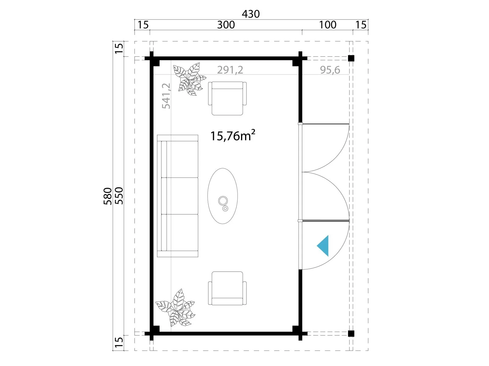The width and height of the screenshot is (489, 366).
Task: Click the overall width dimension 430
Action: (x=251, y=14)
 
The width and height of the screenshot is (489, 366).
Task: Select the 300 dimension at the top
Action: (x=226, y=25)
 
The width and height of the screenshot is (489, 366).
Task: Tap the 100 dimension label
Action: (x=328, y=25)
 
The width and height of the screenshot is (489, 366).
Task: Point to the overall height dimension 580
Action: (x=108, y=196)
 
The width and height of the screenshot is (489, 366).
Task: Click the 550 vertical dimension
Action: (x=119, y=196)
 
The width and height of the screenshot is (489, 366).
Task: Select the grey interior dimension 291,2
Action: (x=230, y=70)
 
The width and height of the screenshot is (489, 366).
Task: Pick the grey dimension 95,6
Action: (x=330, y=70)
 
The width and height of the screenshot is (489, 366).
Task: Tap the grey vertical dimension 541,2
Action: (x=166, y=96)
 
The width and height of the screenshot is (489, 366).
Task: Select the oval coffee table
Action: (x=222, y=196)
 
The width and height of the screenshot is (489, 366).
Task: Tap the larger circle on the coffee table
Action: (x=222, y=201)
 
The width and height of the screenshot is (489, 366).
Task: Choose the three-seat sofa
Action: (x=178, y=196)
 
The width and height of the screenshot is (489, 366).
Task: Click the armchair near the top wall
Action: (x=227, y=98)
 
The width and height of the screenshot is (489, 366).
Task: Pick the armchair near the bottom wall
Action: (x=227, y=288)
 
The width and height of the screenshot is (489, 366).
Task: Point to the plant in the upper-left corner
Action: (x=189, y=79)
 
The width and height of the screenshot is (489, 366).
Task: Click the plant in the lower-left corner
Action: (x=175, y=307)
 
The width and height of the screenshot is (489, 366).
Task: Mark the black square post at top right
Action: (x=351, y=58)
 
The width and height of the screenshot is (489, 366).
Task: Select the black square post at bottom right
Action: (x=351, y=333)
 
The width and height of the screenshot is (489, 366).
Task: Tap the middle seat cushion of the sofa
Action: (x=182, y=196)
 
